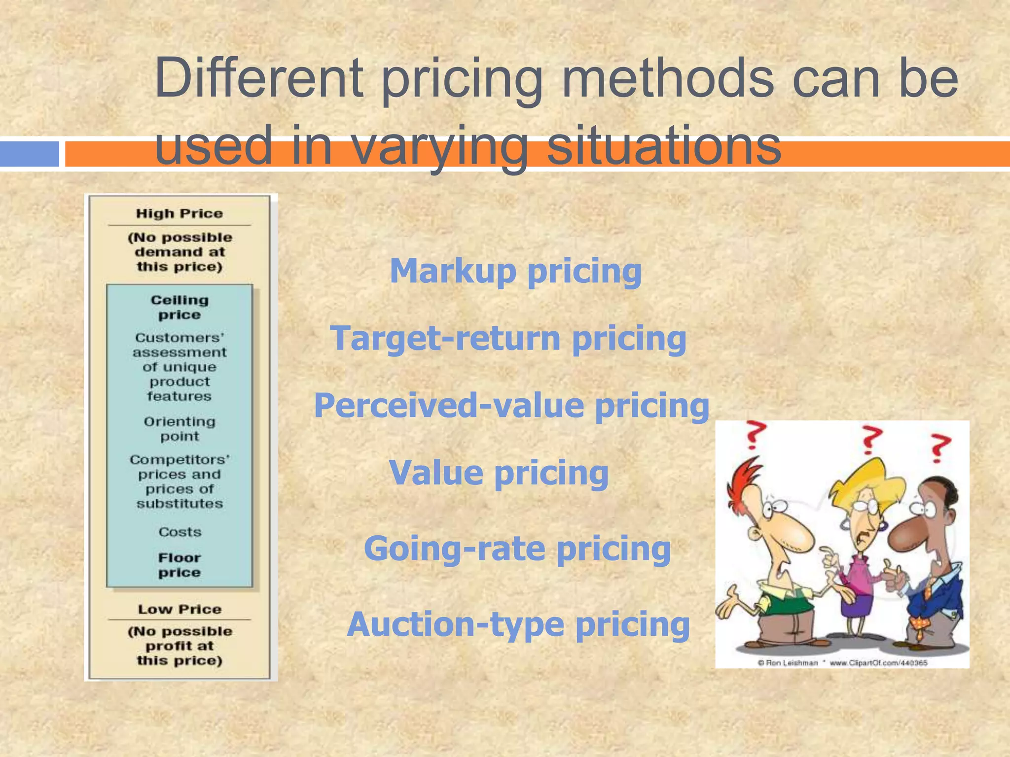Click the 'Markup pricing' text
[x=515, y=272]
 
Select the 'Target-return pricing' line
[x=508, y=339]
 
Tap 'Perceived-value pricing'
[x=511, y=406]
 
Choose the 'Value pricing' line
[x=499, y=474]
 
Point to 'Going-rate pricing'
[x=517, y=549]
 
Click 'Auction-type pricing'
[x=518, y=625]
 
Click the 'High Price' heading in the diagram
[x=180, y=214]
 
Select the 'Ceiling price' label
[x=180, y=308]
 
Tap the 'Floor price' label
[x=180, y=565]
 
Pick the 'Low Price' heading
[x=180, y=610]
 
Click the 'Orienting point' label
[x=180, y=429]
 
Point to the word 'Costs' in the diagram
[x=180, y=532]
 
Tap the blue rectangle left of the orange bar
[x=30, y=154]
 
